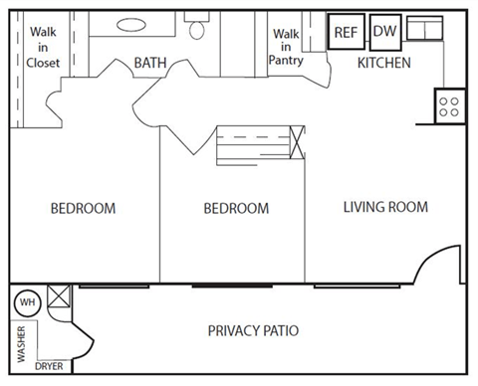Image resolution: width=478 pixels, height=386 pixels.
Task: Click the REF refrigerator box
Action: coord(346,32)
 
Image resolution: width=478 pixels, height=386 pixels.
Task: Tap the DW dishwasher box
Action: coord(384,32)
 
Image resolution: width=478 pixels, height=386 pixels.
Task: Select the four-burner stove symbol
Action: coord(447,104)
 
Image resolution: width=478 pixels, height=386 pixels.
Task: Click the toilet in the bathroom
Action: coord(196,28)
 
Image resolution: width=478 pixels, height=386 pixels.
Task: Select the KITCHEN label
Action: coord(384,63)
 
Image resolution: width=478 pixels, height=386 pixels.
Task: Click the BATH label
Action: coord(150,64)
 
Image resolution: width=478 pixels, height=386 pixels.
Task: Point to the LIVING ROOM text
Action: coord(384,207)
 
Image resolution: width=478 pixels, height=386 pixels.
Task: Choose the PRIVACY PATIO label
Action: coord(253,330)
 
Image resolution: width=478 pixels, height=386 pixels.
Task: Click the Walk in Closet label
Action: coord(43,47)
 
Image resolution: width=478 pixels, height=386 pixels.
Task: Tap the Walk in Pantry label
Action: coord(287,47)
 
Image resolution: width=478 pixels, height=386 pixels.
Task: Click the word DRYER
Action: coord(49,366)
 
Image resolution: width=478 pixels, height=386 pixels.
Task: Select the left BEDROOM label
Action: coord(83,209)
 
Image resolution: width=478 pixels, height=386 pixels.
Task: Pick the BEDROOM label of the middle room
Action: coord(236,209)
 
